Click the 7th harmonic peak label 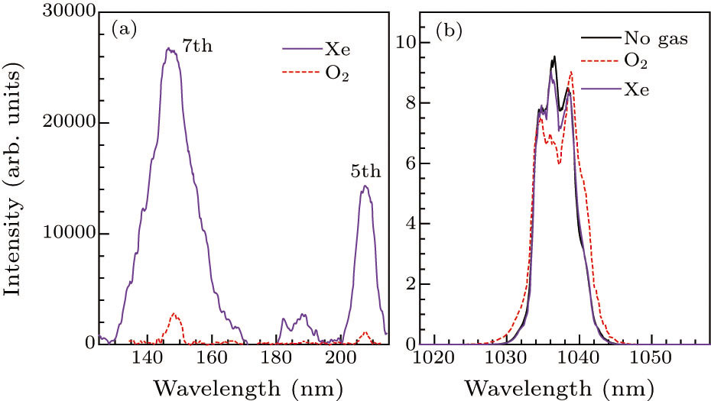point(196,47)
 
